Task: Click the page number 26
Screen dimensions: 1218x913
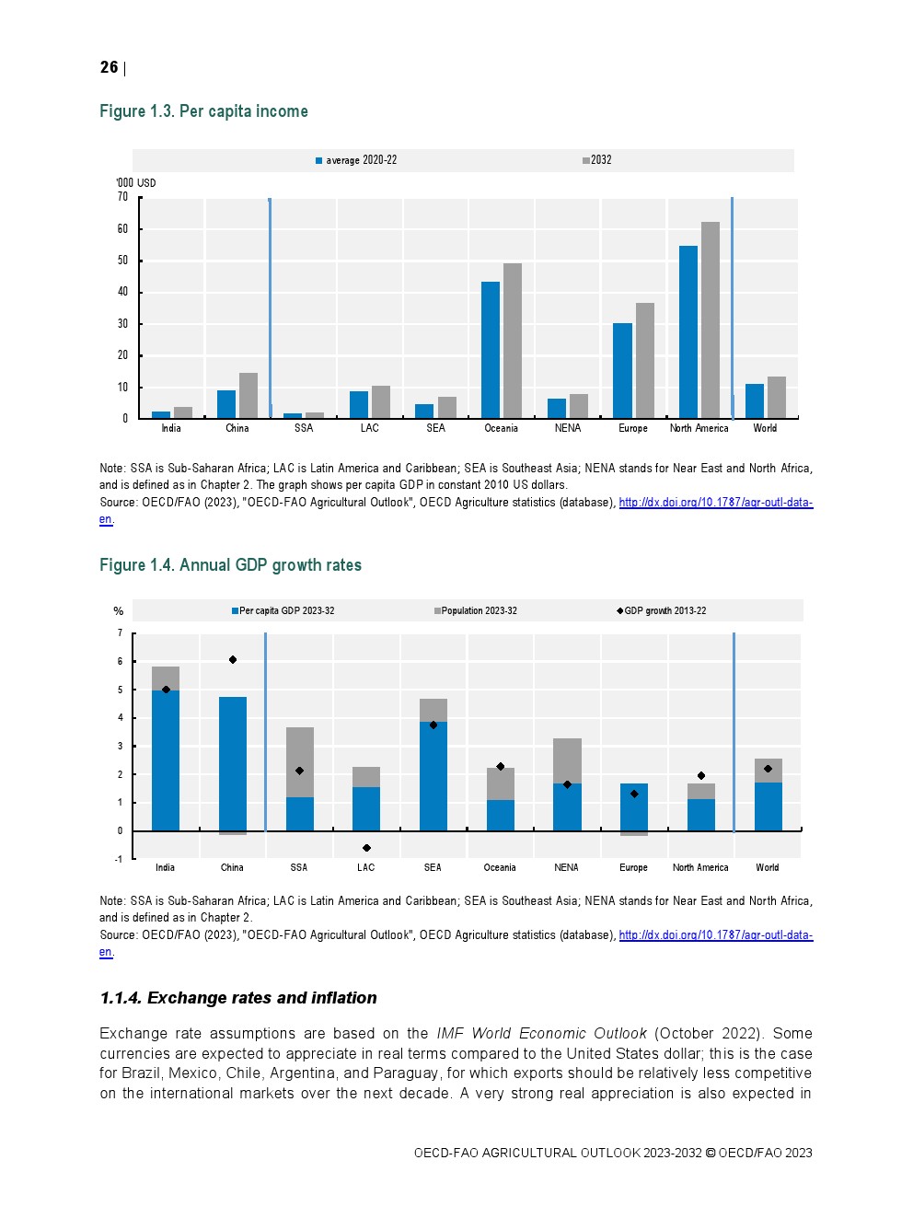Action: click(109, 67)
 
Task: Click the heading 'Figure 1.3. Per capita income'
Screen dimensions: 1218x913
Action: click(203, 111)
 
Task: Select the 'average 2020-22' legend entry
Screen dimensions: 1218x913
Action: click(357, 160)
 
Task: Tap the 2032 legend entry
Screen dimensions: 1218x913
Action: click(598, 160)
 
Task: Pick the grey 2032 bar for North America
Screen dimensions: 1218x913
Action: click(710, 320)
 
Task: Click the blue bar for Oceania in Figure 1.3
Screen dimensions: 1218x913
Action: click(491, 350)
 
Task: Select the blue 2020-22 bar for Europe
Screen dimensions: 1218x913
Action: click(622, 371)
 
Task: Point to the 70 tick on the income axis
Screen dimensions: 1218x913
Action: click(122, 197)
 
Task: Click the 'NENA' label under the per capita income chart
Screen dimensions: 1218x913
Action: click(568, 428)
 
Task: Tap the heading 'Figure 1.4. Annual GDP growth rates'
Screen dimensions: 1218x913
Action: click(230, 565)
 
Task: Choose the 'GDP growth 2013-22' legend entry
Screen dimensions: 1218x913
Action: click(662, 611)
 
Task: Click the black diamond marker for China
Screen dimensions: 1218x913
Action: click(233, 659)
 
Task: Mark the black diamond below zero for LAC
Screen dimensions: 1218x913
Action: click(366, 848)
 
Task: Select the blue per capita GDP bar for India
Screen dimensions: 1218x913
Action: click(166, 760)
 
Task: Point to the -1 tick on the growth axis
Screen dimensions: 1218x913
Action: click(119, 859)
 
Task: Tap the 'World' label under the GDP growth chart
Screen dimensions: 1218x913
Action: click(768, 867)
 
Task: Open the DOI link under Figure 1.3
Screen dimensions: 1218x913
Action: click(715, 503)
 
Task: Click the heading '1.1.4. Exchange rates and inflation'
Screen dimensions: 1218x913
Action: click(238, 998)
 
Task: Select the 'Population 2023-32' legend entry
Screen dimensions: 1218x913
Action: click(476, 611)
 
